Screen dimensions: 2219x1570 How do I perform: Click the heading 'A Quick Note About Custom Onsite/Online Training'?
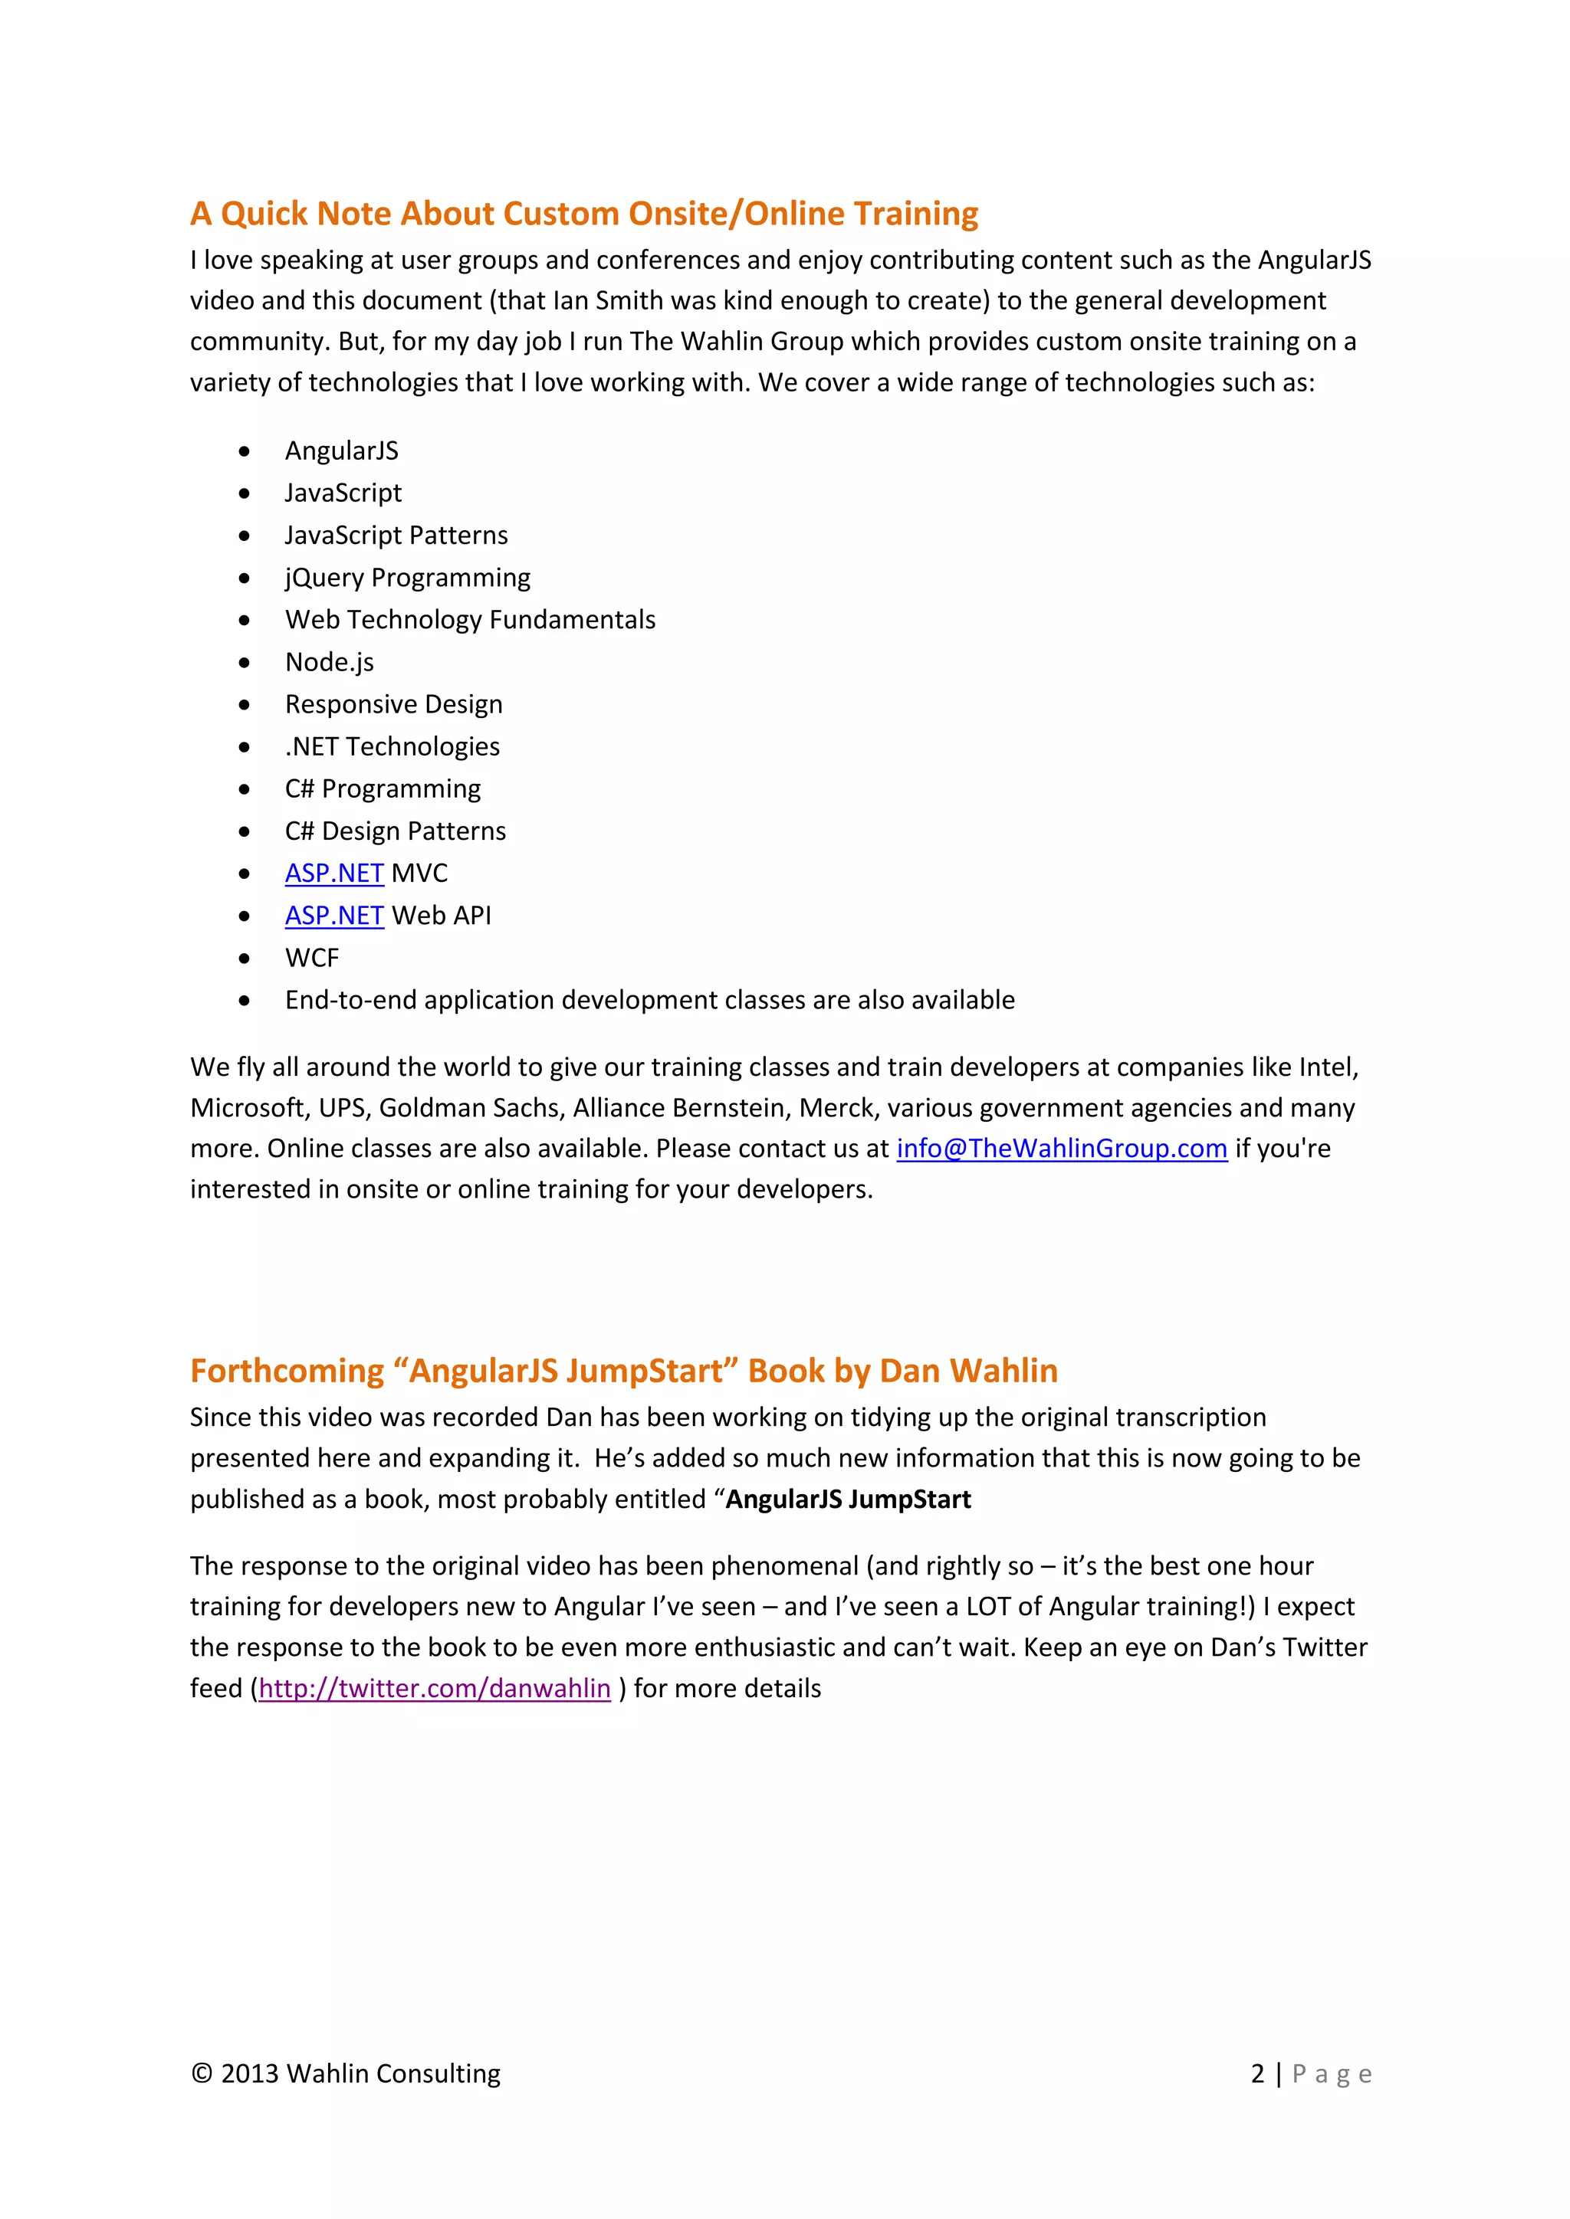(584, 214)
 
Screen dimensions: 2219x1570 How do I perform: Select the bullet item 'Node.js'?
(329, 662)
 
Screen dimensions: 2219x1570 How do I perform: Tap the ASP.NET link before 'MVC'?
(333, 874)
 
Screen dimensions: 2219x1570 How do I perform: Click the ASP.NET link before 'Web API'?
(333, 916)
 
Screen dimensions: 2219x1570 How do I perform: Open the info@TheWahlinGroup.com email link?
(1062, 1149)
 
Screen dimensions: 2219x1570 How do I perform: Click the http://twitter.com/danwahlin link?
(434, 1689)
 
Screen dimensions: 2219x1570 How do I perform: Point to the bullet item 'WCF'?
(311, 959)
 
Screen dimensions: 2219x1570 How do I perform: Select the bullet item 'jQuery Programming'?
(407, 578)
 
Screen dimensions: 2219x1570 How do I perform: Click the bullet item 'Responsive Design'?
(393, 705)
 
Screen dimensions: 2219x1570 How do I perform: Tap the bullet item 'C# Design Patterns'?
(396, 831)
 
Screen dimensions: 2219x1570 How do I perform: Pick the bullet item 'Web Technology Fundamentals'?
(470, 620)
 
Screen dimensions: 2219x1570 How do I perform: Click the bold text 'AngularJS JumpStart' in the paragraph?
(848, 1500)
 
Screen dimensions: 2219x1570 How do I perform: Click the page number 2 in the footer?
(1256, 2074)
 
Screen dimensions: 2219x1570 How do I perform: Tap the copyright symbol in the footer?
(201, 2074)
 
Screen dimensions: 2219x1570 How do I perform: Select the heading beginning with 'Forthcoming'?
(623, 1372)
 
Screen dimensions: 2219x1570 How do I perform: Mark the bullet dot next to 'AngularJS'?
(245, 451)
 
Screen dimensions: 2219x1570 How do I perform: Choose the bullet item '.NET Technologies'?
(392, 747)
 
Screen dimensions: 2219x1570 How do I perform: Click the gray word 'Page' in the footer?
(1332, 2074)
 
